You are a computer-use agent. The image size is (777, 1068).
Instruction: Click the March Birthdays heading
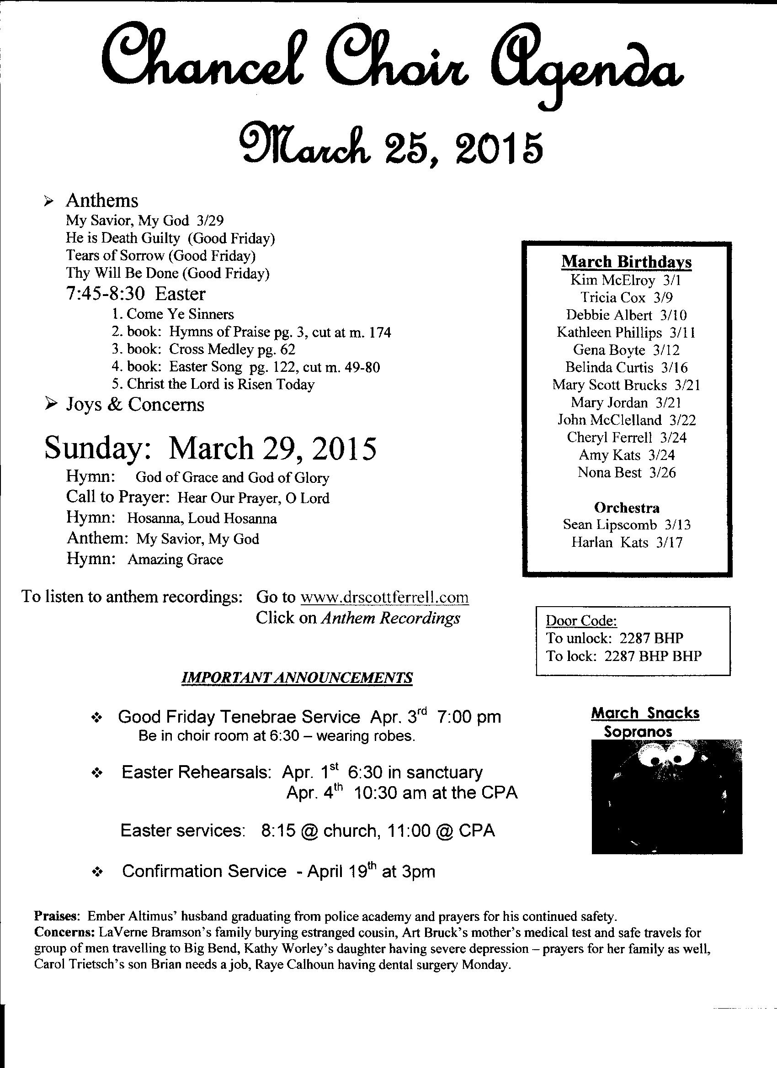[626, 262]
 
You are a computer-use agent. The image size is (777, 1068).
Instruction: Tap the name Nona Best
[610, 472]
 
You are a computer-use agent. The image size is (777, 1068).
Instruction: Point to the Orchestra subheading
[627, 508]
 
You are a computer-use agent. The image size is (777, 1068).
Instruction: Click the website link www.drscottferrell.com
[384, 597]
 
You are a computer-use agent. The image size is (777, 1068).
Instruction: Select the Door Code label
[581, 621]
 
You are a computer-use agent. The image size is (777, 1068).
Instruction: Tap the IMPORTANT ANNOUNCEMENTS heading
[297, 677]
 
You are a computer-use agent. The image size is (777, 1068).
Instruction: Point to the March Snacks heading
[645, 714]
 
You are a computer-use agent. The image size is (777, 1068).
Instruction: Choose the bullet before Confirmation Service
[97, 872]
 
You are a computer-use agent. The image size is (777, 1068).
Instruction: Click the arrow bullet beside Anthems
[48, 201]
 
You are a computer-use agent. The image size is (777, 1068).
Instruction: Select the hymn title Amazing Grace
[176, 560]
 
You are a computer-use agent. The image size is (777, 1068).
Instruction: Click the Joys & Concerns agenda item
[135, 405]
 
